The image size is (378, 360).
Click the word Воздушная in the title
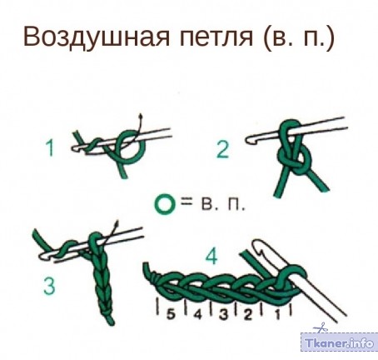pos(97,37)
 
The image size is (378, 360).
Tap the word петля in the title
pos(216,37)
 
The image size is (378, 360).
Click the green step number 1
pos(50,147)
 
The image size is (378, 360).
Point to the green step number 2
pos(223,149)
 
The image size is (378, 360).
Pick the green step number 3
pos(49,287)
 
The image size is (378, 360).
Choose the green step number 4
pos(211,256)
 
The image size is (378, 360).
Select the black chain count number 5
pos(171,314)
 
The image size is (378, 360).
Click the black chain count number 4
pos(197,314)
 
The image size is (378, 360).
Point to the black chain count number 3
pos(224,314)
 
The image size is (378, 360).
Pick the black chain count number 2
pos(248,314)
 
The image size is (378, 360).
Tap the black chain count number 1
pos(277,314)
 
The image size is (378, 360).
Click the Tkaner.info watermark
pos(340,342)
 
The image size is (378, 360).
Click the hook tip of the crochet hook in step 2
pos(249,139)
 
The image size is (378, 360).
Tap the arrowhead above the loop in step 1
pos(141,116)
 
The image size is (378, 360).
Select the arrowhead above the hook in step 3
pos(117,223)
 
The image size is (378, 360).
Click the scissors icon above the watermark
pos(320,327)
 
